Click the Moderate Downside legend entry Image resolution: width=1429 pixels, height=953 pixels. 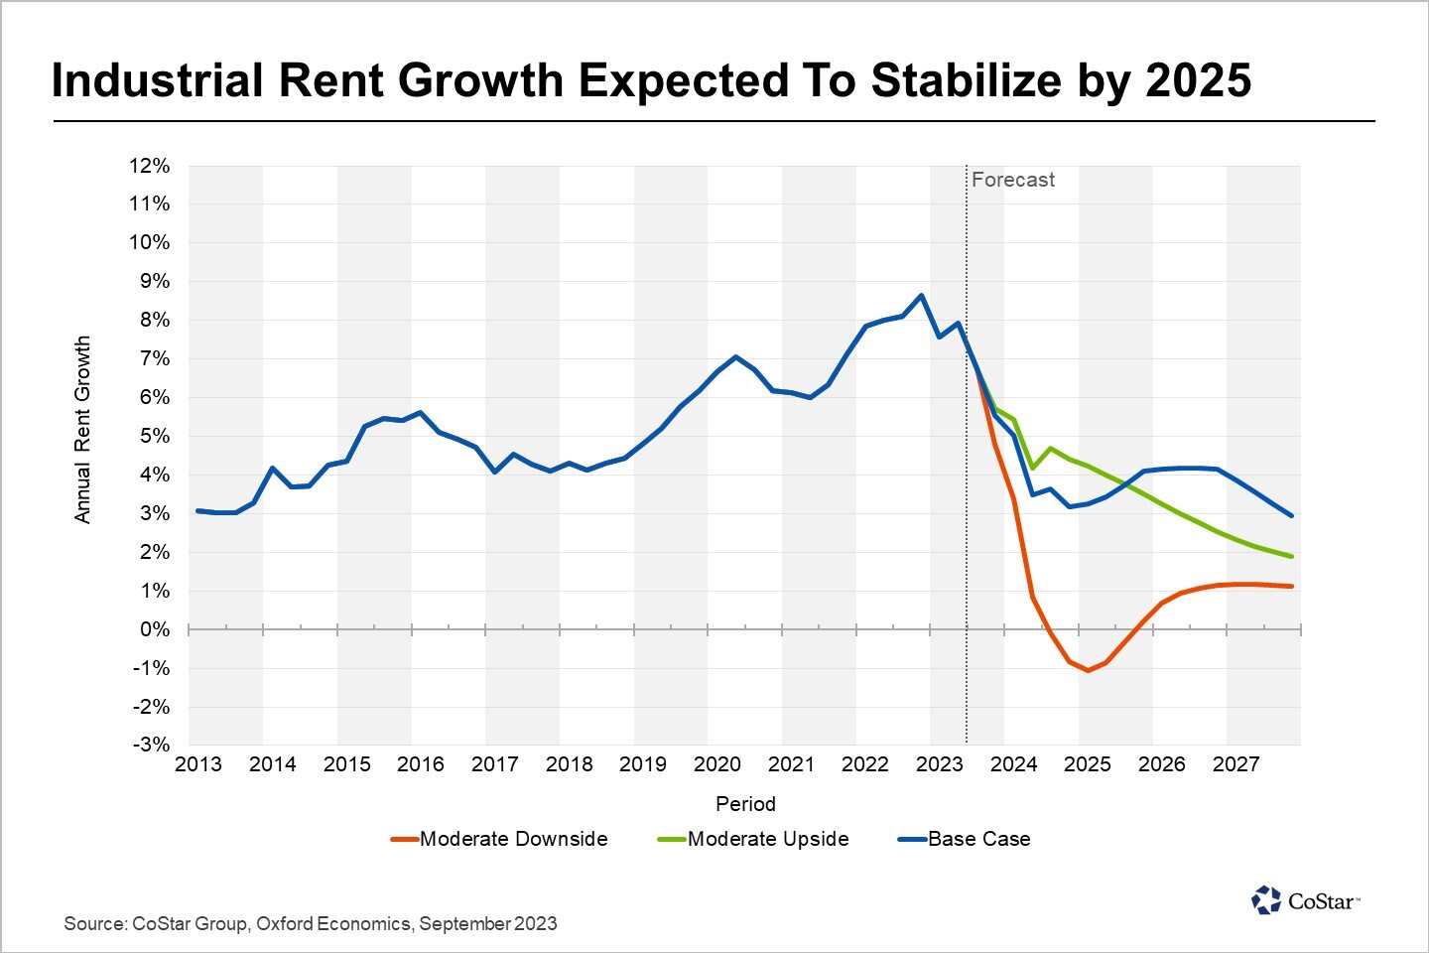(x=500, y=839)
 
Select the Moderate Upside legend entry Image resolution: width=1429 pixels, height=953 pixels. (x=754, y=839)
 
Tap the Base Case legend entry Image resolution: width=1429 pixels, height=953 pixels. (x=965, y=839)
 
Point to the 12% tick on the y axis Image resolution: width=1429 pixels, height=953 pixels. (x=150, y=166)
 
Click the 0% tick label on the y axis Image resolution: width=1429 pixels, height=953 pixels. (x=155, y=629)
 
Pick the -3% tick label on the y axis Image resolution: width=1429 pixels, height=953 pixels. (x=152, y=745)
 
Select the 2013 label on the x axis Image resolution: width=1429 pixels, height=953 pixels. (x=198, y=764)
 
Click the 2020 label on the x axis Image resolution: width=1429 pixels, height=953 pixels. (x=716, y=764)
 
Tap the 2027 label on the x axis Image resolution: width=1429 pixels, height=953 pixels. (x=1235, y=764)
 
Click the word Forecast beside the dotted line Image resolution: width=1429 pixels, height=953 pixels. (x=1012, y=180)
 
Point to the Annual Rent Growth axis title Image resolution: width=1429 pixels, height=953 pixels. (x=82, y=429)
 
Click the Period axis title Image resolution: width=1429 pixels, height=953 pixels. (x=745, y=804)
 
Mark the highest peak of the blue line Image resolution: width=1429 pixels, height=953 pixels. (x=921, y=295)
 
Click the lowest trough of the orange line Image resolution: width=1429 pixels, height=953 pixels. (x=1089, y=671)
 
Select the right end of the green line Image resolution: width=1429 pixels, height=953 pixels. (x=1291, y=556)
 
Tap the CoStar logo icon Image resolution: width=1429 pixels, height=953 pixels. (x=1266, y=900)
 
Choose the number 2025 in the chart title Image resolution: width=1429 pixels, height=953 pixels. (x=1199, y=80)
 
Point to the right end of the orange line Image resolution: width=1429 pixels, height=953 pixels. (x=1291, y=587)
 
